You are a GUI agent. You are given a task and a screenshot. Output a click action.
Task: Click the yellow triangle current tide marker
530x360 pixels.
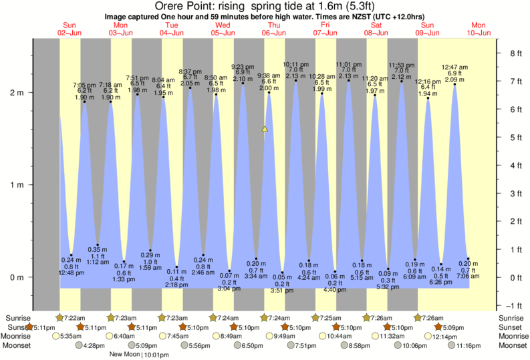coord(265,128)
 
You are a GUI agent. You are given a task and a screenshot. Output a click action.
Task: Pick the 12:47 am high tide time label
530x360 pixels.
coord(454,67)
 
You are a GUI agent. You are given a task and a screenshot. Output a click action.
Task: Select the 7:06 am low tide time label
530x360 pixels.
coord(468,276)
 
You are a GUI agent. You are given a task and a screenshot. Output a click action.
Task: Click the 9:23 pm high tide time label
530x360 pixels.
coord(242,66)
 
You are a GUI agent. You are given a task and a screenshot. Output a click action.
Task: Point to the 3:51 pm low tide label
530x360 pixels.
coord(282,291)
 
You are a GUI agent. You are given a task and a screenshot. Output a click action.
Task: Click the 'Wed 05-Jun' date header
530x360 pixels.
coord(222,29)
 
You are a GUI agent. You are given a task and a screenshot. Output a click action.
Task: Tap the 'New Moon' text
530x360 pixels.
coord(124,354)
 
